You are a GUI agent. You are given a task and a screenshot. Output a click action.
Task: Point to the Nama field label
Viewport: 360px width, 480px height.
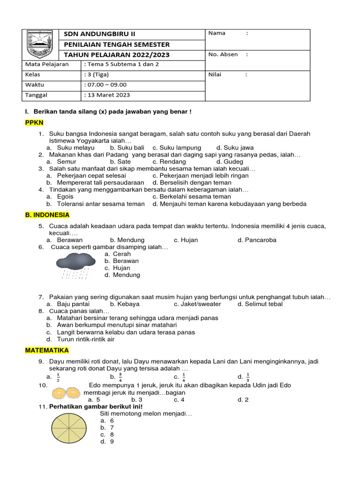[217, 33]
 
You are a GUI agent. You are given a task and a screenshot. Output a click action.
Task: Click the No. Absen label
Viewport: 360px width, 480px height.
[223, 54]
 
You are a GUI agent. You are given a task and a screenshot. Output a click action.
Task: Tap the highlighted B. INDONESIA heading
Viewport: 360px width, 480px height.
[47, 215]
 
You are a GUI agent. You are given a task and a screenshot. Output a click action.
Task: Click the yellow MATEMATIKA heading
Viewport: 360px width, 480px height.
[47, 350]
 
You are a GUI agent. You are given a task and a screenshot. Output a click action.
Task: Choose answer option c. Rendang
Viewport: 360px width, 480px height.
[169, 162]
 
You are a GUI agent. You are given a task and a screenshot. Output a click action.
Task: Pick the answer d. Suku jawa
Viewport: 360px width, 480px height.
[235, 148]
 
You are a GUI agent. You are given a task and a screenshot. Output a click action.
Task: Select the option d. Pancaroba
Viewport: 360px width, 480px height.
[257, 240]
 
